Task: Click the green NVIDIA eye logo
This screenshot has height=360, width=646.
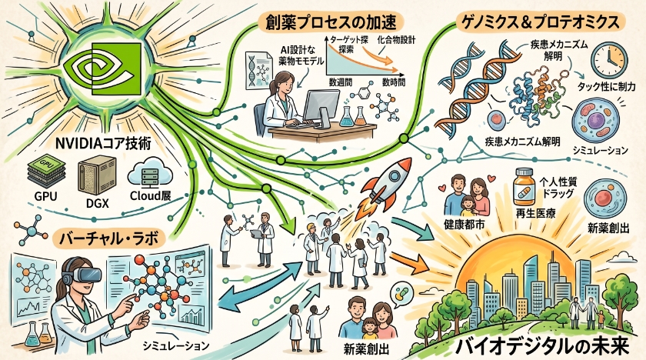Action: point(103,66)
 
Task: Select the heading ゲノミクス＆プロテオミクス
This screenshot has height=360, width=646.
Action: point(540,22)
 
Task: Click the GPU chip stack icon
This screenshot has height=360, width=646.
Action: point(45,172)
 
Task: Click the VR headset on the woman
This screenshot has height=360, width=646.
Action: point(83,273)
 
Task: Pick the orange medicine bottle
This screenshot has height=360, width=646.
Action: point(524,188)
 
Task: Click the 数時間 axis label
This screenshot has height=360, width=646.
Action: point(393,82)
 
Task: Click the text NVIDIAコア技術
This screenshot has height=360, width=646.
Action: point(103,144)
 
